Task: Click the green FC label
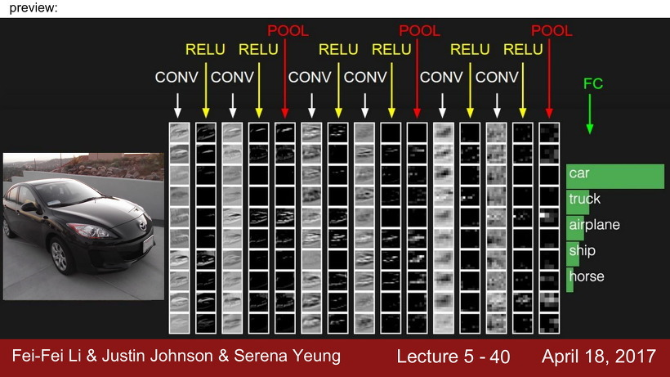click(x=593, y=83)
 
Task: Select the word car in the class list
click(x=579, y=173)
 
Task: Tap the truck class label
click(x=584, y=199)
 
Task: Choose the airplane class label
click(x=594, y=224)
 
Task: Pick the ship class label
click(x=582, y=250)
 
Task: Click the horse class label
click(x=586, y=276)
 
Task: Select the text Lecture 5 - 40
click(x=453, y=357)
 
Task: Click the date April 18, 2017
click(x=598, y=357)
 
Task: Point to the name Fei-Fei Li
click(x=50, y=357)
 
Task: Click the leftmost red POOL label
click(x=288, y=31)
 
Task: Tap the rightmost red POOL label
click(x=552, y=31)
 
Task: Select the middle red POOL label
click(x=419, y=31)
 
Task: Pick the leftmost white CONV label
click(x=176, y=78)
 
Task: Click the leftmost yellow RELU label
click(x=205, y=49)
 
